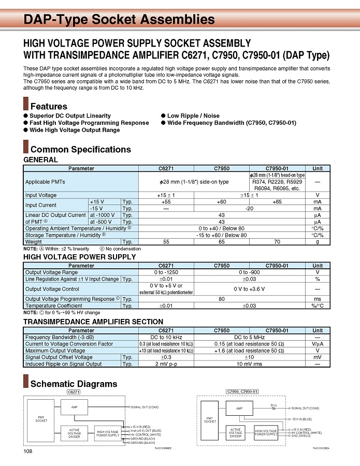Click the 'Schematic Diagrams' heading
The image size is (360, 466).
74,384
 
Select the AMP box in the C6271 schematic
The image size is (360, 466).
74,407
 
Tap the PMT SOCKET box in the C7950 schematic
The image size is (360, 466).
210,420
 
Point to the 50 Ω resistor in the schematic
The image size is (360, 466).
273,407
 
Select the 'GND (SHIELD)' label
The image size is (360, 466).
301,436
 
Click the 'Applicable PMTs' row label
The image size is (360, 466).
45,182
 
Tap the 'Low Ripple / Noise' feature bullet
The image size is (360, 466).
193,115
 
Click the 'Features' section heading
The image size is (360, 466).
49,106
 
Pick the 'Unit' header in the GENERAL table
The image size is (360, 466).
318,168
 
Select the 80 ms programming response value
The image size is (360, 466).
222,299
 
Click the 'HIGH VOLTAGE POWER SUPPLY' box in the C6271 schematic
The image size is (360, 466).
108,433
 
